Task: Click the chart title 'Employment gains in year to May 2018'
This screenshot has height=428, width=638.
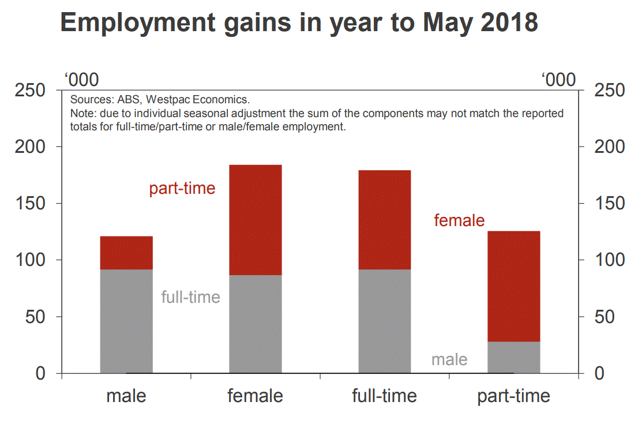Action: click(x=299, y=23)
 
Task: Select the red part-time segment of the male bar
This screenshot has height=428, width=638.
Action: click(x=126, y=253)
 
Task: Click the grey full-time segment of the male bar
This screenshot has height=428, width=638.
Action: click(x=126, y=321)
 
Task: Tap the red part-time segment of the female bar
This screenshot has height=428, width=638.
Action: click(x=256, y=220)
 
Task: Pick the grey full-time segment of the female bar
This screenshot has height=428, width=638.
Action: click(x=256, y=324)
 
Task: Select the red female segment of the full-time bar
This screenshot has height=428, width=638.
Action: click(x=385, y=220)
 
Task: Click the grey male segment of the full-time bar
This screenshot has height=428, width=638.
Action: click(x=385, y=321)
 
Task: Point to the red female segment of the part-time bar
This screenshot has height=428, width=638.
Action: click(x=514, y=286)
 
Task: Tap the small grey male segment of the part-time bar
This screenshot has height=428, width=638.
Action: click(x=514, y=358)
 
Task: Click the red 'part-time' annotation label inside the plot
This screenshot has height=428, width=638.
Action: click(x=182, y=189)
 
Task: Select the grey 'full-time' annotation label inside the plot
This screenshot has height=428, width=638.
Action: click(x=190, y=297)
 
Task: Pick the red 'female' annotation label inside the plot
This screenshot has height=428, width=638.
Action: click(x=459, y=220)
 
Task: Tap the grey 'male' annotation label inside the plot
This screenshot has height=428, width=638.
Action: click(x=449, y=360)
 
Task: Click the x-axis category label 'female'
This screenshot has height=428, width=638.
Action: click(x=255, y=396)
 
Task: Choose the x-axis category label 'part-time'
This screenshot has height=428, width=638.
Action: click(x=513, y=396)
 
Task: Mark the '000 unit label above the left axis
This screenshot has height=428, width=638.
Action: click(x=81, y=80)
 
